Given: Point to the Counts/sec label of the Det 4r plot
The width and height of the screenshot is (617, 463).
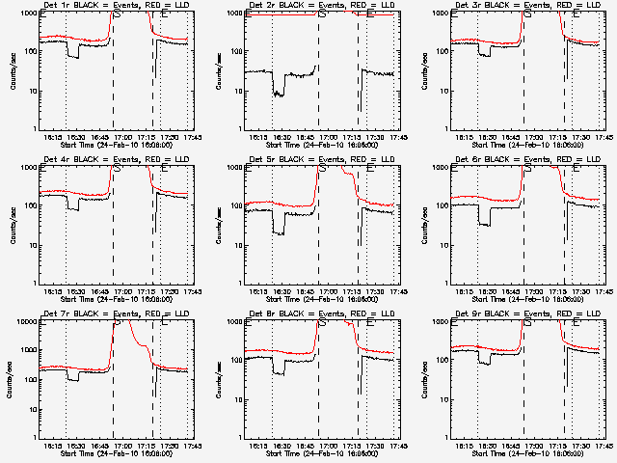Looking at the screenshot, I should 12,224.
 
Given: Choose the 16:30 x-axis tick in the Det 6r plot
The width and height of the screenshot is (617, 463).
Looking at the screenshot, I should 485,290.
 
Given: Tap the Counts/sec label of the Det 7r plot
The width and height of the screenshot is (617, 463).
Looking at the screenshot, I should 12,378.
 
